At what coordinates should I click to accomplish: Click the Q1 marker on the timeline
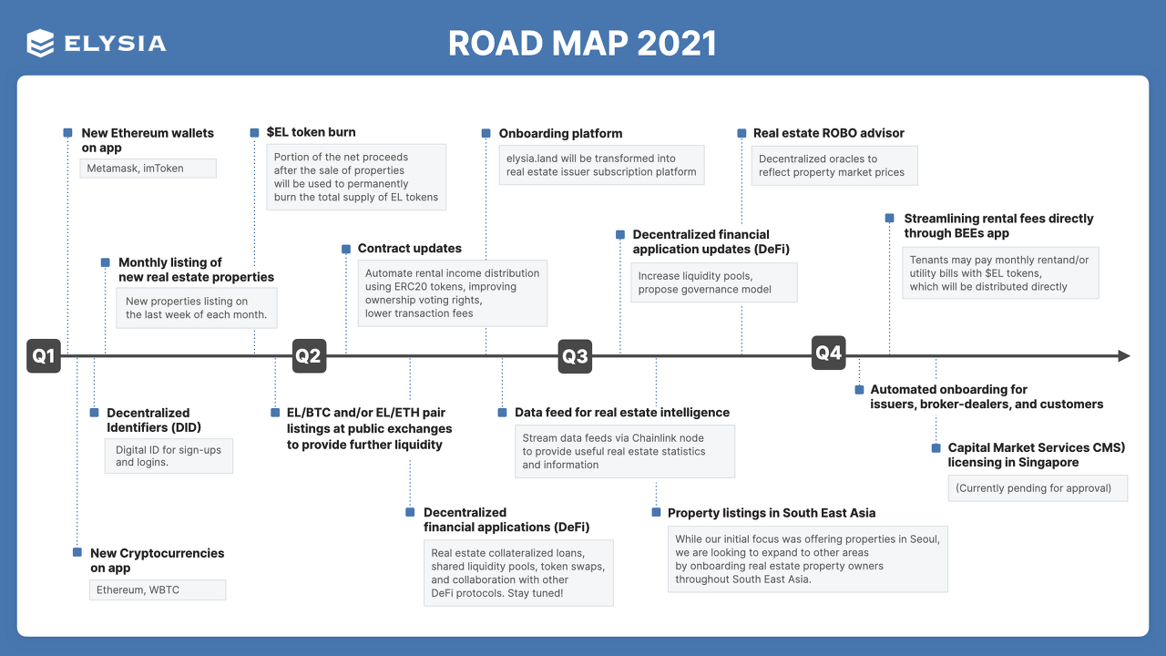[x=44, y=356]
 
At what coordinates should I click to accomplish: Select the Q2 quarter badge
[x=308, y=356]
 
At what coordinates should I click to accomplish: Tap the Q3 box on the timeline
[x=575, y=356]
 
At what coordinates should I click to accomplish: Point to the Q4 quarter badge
[x=829, y=353]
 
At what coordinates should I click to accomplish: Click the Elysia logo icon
[x=40, y=43]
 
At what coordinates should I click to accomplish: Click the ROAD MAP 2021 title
[x=582, y=43]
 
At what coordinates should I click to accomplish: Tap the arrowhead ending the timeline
[x=1124, y=356]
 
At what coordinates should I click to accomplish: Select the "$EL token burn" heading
[x=311, y=132]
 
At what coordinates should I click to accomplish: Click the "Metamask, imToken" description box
[x=148, y=168]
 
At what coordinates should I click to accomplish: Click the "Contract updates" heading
[x=409, y=248]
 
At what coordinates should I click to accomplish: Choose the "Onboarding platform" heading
[x=560, y=133]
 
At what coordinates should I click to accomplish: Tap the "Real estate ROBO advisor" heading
[x=828, y=133]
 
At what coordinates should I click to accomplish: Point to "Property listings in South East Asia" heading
[x=771, y=513]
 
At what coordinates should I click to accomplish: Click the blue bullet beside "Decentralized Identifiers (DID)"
[x=94, y=413]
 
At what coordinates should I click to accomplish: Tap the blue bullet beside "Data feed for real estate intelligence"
[x=502, y=413]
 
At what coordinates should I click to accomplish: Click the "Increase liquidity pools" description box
[x=713, y=282]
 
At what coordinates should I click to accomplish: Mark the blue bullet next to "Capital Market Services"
[x=936, y=448]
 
